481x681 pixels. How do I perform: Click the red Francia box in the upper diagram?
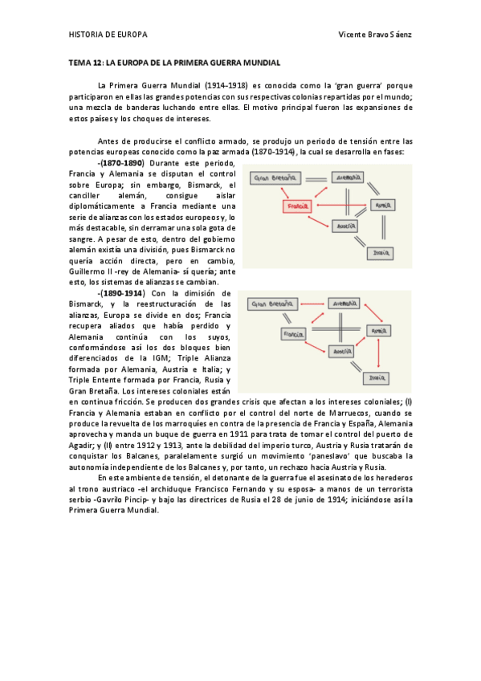click(x=296, y=206)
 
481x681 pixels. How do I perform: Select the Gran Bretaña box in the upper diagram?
click(x=271, y=177)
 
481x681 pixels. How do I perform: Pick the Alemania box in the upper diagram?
click(x=346, y=177)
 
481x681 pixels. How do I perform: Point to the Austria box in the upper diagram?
click(x=343, y=227)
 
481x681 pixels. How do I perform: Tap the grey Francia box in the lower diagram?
click(x=295, y=332)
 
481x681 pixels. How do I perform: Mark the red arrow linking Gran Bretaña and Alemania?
click(x=308, y=304)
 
